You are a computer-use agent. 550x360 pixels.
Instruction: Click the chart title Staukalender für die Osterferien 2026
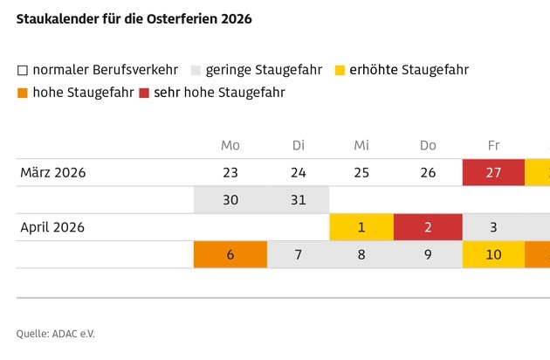[x=134, y=19]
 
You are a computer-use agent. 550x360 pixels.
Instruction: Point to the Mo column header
[x=230, y=145]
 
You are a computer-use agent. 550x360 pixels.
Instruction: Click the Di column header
[x=298, y=145]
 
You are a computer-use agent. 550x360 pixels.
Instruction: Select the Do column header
[x=428, y=145]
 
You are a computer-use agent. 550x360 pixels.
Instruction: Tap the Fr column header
[x=493, y=145]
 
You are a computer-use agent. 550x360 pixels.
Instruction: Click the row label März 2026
[x=53, y=172]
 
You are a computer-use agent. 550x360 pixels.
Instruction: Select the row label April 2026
[x=52, y=227]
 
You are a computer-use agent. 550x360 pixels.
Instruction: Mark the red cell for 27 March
[x=493, y=172]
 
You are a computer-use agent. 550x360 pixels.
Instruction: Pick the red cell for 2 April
[x=428, y=227]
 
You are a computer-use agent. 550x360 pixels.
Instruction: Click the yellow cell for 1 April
[x=361, y=227]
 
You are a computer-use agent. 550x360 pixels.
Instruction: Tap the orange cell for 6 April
[x=230, y=254]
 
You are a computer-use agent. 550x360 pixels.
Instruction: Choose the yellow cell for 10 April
[x=493, y=254]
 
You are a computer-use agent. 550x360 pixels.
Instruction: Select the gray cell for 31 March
[x=298, y=199]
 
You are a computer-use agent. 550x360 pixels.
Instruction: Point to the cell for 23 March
[x=230, y=172]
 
